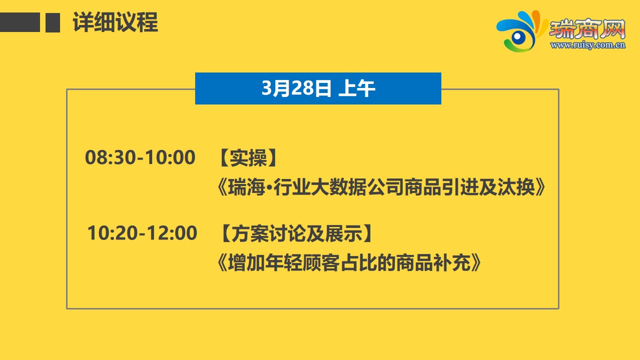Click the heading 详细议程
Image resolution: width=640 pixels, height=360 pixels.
(116, 22)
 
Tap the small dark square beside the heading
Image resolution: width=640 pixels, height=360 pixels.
(53, 22)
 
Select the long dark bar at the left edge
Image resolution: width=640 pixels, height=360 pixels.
(20, 22)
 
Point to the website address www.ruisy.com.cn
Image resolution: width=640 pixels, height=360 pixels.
(588, 45)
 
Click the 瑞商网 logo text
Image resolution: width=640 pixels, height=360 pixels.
(587, 29)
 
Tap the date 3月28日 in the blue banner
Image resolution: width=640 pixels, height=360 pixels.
(296, 88)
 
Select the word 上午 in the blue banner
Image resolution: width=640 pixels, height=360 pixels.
(357, 88)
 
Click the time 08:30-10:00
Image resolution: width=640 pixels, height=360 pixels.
(140, 157)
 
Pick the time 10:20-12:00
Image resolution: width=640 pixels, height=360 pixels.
(142, 233)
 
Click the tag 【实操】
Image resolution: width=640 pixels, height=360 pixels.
(249, 158)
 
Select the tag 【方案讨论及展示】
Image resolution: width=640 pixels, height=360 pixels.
(296, 233)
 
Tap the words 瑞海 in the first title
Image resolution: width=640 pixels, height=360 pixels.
(247, 187)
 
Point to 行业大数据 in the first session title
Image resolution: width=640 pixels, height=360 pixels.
(320, 187)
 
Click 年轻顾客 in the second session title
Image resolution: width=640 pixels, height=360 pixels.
(303, 262)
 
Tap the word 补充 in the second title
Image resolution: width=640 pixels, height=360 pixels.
(452, 262)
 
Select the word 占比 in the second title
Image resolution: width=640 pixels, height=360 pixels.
(359, 262)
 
